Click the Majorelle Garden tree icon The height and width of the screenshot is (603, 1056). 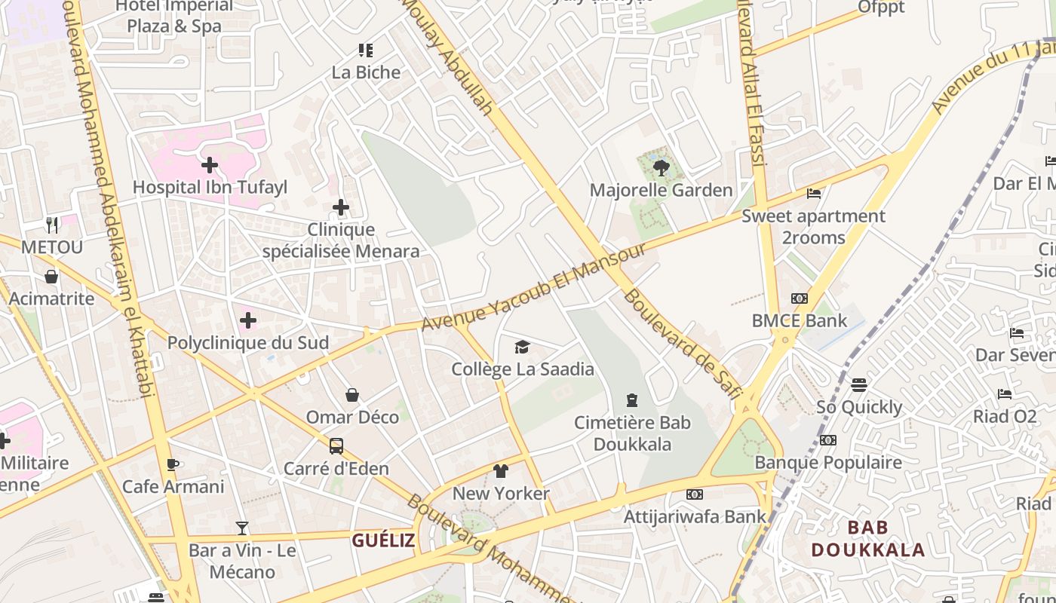pos(662,167)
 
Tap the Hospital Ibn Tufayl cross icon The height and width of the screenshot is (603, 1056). pos(210,164)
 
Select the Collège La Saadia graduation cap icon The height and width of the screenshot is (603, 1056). pos(522,347)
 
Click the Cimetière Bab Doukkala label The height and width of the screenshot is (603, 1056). pos(632,433)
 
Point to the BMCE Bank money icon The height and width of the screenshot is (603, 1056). pos(800,298)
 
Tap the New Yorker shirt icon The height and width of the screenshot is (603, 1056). pos(501,471)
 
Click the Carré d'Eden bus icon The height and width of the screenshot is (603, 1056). pos(336,445)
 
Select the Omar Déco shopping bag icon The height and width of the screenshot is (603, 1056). pos(352,395)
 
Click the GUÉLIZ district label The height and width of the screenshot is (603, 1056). pos(383,540)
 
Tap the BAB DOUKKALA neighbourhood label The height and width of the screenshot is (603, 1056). pos(867,538)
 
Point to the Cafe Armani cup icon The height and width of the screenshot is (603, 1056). pos(173,464)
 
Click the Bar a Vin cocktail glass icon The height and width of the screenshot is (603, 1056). pos(242,528)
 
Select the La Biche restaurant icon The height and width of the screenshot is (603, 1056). pos(366,51)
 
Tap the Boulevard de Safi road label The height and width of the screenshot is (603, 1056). pos(683,344)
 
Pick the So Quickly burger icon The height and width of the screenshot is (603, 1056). pos(859,385)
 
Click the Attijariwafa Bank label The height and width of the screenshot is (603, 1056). pos(694,516)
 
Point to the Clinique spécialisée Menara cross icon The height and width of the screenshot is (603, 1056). pos(341,207)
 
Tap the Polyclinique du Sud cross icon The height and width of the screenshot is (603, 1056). pos(248,321)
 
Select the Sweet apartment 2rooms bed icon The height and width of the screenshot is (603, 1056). pos(813,194)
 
